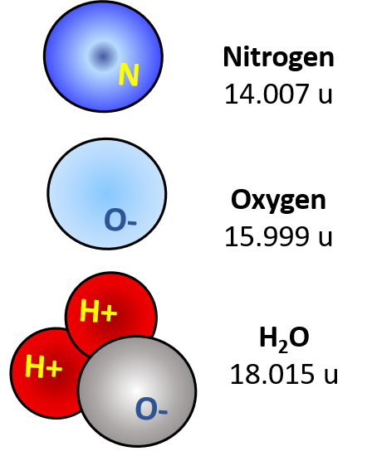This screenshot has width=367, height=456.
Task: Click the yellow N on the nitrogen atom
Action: (129, 75)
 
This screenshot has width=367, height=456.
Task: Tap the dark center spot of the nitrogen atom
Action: (102, 56)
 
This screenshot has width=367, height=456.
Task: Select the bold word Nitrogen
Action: (278, 57)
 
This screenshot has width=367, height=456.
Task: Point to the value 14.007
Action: (267, 94)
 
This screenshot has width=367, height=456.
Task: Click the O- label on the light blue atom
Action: (120, 221)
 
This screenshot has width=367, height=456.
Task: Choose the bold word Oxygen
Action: (278, 201)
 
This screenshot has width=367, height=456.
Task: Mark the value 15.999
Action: (267, 236)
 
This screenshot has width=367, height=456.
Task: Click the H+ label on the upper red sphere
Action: (99, 311)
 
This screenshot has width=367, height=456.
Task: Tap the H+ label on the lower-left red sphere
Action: (44, 366)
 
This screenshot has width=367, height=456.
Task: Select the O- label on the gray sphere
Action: (151, 410)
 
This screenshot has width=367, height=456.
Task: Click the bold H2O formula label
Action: (284, 339)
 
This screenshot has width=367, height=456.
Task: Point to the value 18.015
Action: (272, 374)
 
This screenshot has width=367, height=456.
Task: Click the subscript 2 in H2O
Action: (283, 347)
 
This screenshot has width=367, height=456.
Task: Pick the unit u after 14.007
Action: (325, 96)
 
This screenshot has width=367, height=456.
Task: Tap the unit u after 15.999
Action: (325, 239)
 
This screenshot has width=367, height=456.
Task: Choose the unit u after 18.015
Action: (331, 376)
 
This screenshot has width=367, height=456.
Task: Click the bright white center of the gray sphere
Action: (137, 391)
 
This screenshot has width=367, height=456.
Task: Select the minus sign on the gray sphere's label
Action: (163, 411)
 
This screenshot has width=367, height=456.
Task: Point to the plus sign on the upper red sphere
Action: (109, 313)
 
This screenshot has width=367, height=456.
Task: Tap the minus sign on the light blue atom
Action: (132, 223)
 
